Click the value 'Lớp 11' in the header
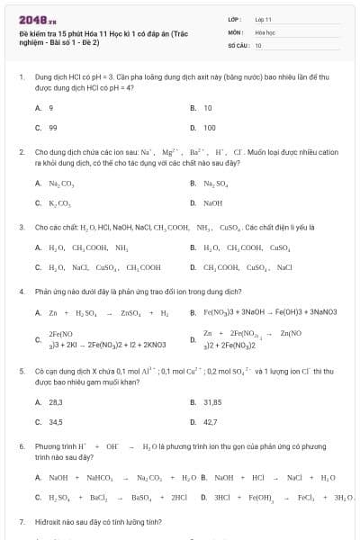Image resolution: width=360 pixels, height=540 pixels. [x=263, y=18]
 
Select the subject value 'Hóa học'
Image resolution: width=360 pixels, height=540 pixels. [x=264, y=31]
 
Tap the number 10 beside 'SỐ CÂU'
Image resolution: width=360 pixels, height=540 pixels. [x=258, y=44]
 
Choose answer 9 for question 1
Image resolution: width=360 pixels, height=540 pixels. [x=51, y=108]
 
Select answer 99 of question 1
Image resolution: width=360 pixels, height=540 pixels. [x=53, y=128]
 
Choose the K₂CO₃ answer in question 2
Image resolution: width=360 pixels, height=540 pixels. [x=59, y=202]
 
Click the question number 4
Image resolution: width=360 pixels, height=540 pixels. [x=21, y=292]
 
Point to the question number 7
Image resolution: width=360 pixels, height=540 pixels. [x=21, y=521]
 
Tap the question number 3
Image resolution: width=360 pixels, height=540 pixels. [x=21, y=228]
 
